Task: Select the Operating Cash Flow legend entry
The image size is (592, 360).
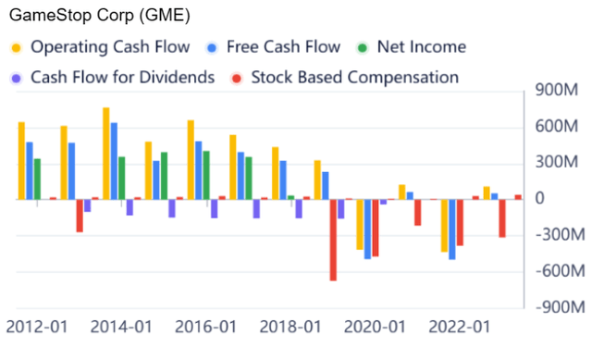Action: (x=109, y=46)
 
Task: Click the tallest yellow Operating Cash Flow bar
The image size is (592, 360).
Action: (x=105, y=153)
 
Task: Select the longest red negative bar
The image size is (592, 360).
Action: (x=334, y=239)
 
